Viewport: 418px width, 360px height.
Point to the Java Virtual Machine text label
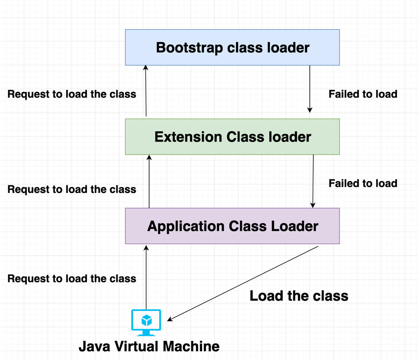(149, 346)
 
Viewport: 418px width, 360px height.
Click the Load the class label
(299, 295)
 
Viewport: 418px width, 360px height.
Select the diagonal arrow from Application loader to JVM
(243, 283)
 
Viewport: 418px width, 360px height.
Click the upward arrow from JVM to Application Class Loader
(146, 276)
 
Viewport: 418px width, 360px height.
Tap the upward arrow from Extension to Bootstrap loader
(146, 91)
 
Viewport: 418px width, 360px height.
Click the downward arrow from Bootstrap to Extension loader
(310, 89)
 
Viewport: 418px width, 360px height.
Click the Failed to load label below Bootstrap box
(363, 94)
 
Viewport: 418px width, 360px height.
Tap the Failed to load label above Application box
(363, 183)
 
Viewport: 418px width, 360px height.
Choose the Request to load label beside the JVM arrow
(72, 279)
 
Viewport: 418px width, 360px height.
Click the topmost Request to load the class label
(72, 94)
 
